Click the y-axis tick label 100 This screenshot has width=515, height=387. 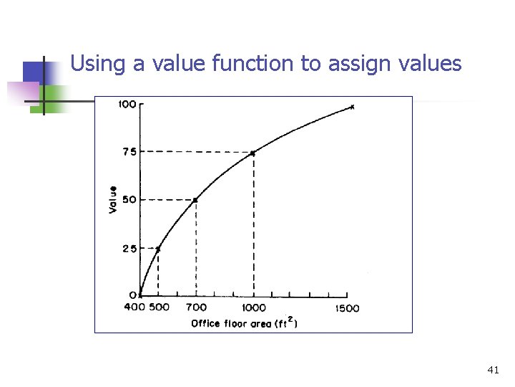[x=126, y=105]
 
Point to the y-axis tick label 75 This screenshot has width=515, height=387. [x=129, y=152]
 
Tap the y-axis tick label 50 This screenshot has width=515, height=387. [x=129, y=199]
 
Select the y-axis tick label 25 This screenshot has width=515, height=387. [x=129, y=248]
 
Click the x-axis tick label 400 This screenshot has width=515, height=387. [x=134, y=307]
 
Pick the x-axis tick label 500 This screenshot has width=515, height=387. [x=160, y=307]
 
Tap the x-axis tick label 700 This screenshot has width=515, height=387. [x=197, y=307]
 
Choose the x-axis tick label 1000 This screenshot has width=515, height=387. [x=253, y=307]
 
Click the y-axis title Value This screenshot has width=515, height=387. [x=112, y=199]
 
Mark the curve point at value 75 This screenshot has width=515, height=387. [x=253, y=153]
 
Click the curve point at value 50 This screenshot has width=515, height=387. [x=195, y=200]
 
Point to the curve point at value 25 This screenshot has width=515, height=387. [x=158, y=248]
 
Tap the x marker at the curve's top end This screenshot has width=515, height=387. [x=352, y=107]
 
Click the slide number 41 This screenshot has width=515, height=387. [x=493, y=370]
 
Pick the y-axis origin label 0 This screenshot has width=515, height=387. [x=132, y=295]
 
